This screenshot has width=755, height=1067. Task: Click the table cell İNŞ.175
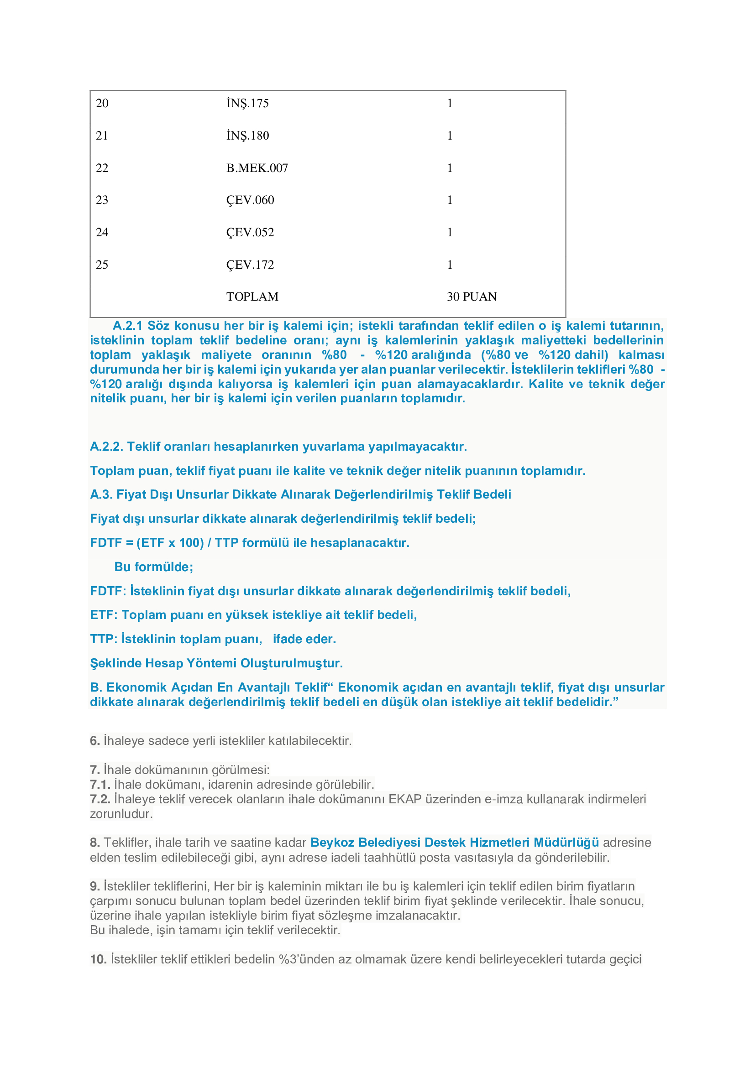click(x=247, y=103)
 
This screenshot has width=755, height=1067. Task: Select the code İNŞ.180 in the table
click(x=247, y=135)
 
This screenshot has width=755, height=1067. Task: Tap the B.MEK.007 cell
click(x=257, y=168)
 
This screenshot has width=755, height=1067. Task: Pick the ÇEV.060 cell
click(x=250, y=200)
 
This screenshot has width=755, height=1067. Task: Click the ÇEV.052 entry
click(x=250, y=232)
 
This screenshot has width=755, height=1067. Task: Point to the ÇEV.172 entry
click(x=250, y=265)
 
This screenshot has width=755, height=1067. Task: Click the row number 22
click(x=102, y=168)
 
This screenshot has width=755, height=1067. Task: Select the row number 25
click(x=102, y=265)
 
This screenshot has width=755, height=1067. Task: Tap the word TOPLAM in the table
click(x=252, y=297)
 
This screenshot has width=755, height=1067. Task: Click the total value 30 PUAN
click(x=472, y=297)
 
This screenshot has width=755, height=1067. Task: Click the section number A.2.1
click(x=127, y=326)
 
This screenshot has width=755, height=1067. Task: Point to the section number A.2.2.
click(x=106, y=447)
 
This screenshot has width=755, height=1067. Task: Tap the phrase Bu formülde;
click(x=153, y=567)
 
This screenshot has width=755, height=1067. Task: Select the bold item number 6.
click(x=95, y=741)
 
